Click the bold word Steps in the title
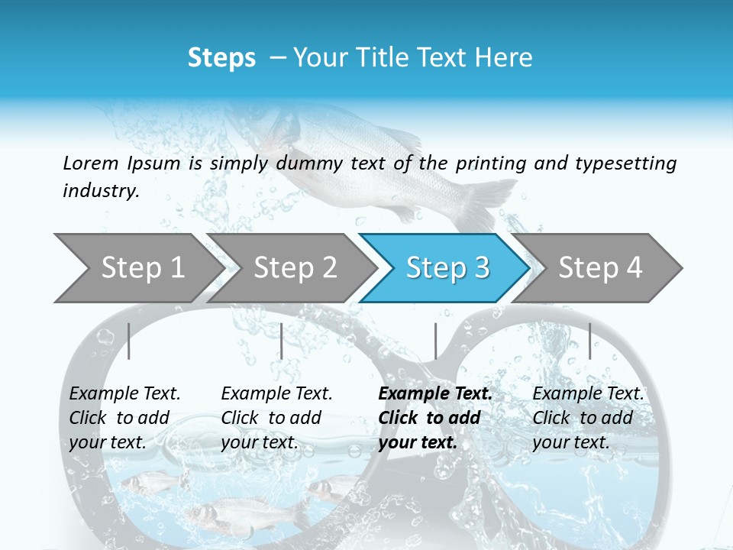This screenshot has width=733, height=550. point(221,58)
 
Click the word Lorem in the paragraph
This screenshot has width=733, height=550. point(90,163)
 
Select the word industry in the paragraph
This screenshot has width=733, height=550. point(101,190)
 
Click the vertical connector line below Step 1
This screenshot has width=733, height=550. point(129,341)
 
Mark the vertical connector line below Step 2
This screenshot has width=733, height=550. point(282,341)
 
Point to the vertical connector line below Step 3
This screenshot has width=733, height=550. point(435,341)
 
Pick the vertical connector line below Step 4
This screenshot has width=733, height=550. point(589,341)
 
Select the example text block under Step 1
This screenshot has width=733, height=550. point(124,418)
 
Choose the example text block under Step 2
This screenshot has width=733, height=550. point(276,418)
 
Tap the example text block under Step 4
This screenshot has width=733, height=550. point(588,418)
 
